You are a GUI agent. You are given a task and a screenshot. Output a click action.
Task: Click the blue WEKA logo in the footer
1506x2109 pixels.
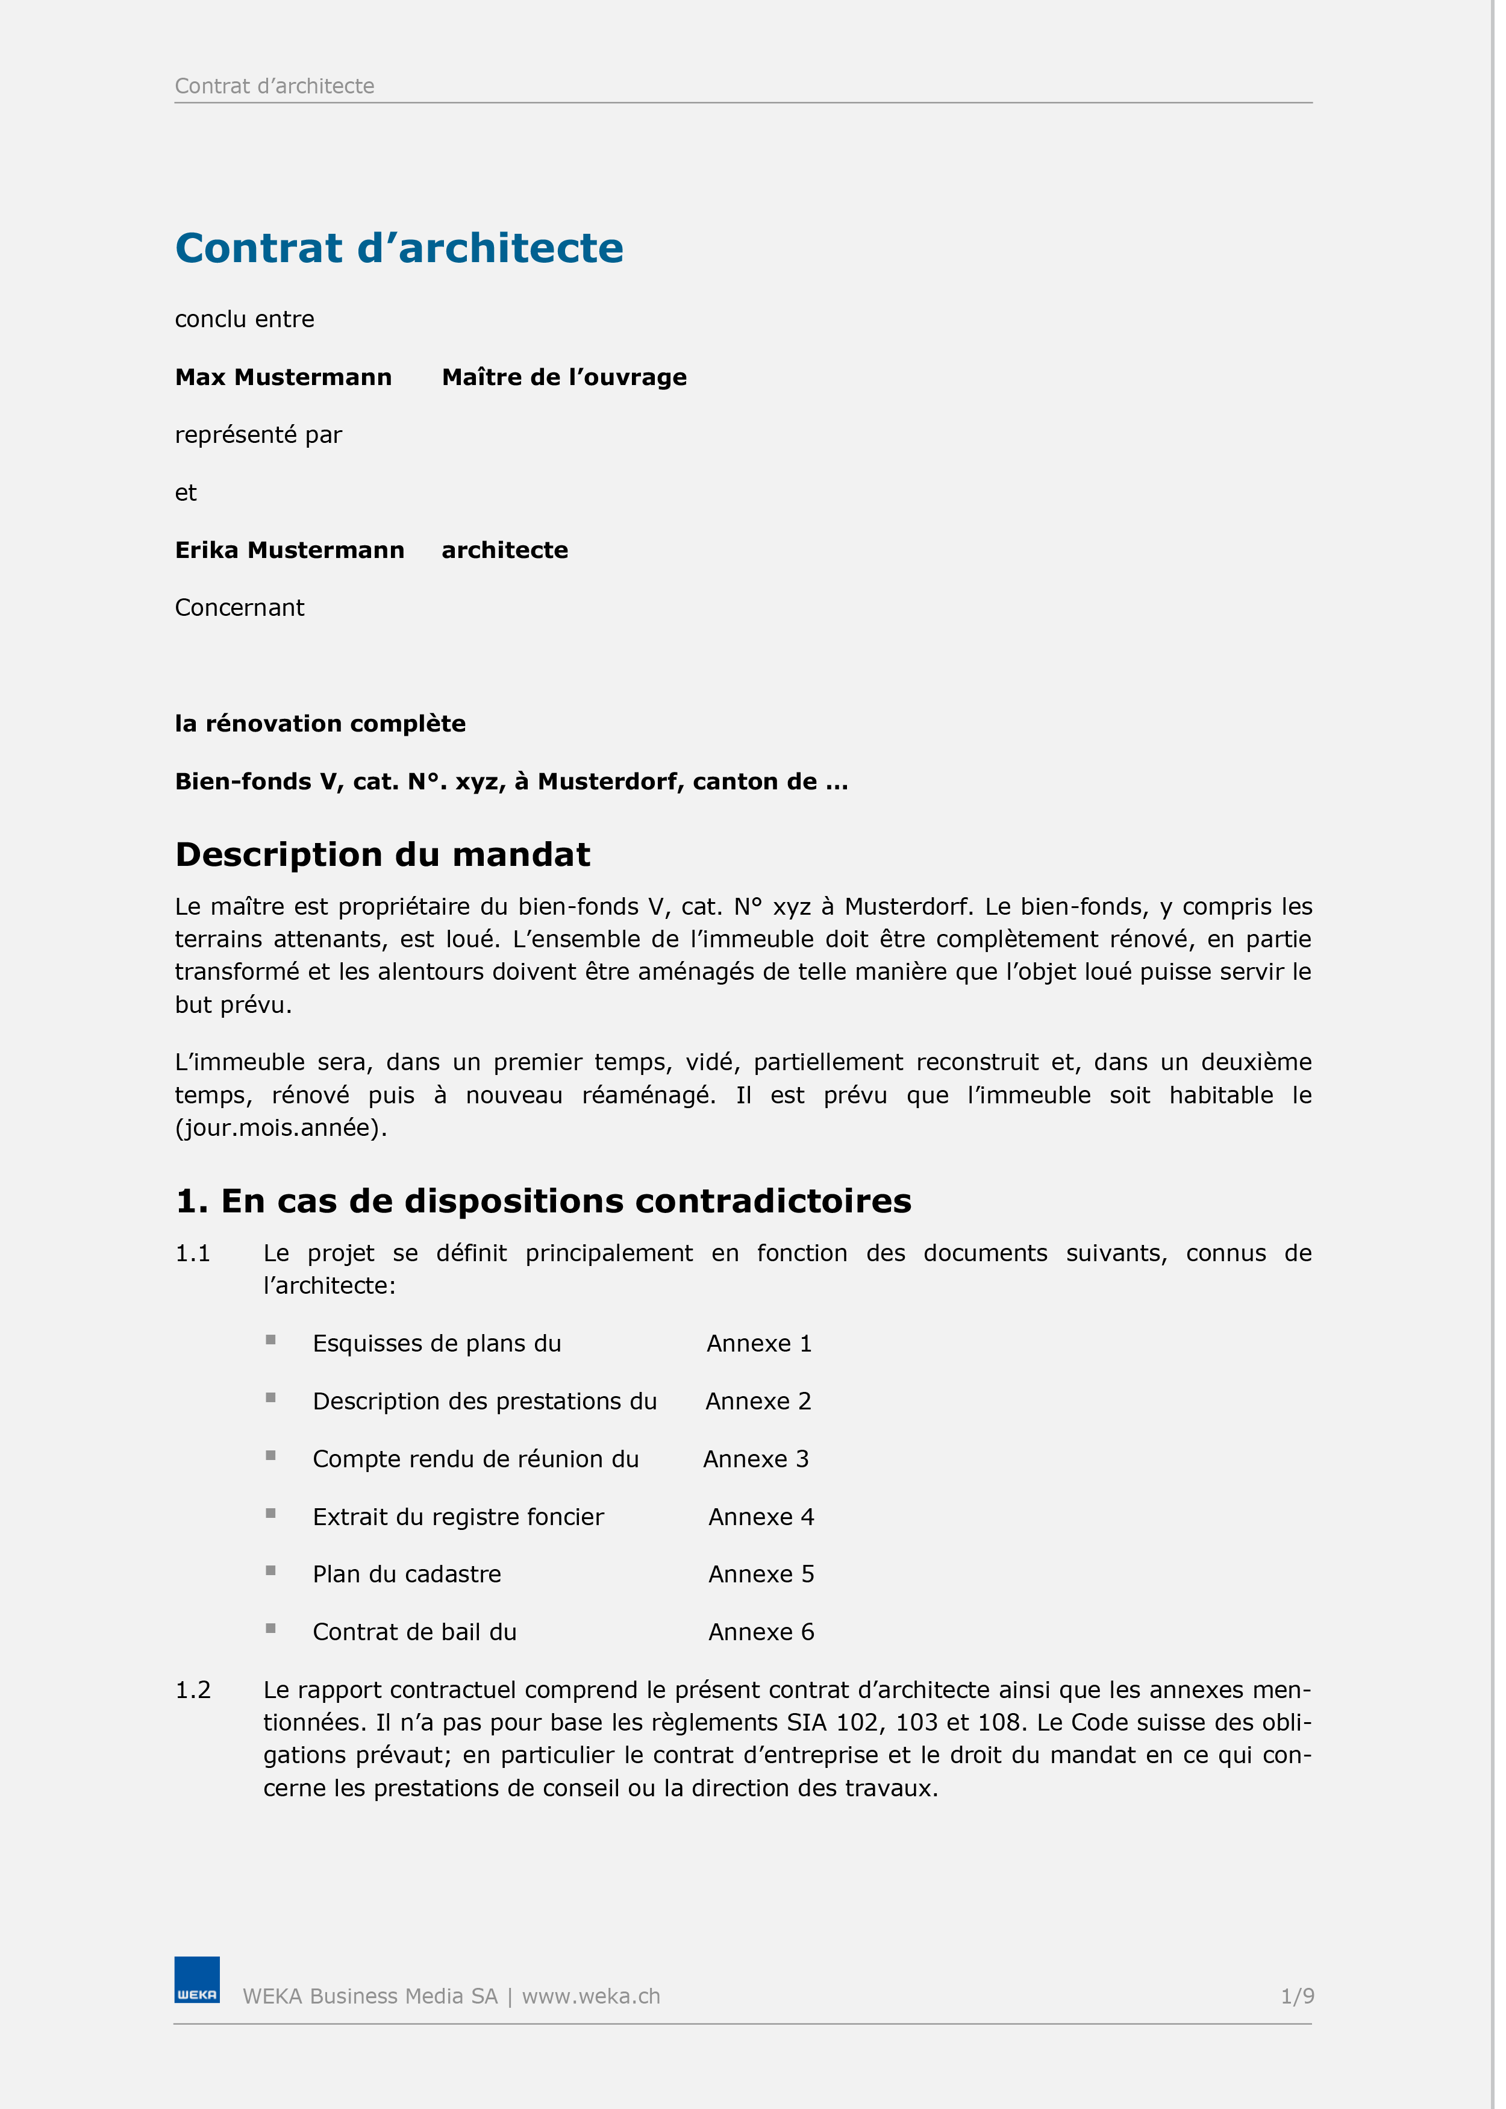coord(196,1979)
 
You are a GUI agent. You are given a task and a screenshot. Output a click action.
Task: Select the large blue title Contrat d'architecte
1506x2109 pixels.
coord(399,248)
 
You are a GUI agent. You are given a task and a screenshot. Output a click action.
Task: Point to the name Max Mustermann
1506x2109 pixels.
coord(283,377)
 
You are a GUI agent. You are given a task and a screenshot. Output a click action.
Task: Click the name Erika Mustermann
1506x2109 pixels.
coord(289,550)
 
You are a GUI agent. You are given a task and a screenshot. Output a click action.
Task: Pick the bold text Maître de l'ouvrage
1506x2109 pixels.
coord(564,377)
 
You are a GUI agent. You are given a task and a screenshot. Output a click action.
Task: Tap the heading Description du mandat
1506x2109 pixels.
coord(382,854)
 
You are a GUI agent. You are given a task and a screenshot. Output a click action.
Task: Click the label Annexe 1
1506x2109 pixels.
coord(758,1343)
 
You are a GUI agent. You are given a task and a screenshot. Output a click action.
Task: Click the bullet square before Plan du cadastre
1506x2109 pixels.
coord(271,1570)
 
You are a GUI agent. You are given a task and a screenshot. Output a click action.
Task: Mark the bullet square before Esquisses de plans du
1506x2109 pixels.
coord(271,1340)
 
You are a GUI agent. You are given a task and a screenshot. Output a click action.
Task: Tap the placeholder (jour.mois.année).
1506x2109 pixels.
coord(280,1128)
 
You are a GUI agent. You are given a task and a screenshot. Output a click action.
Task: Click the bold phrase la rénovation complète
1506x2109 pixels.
coord(320,724)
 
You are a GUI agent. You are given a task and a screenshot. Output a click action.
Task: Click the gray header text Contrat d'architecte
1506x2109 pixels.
coord(275,86)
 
